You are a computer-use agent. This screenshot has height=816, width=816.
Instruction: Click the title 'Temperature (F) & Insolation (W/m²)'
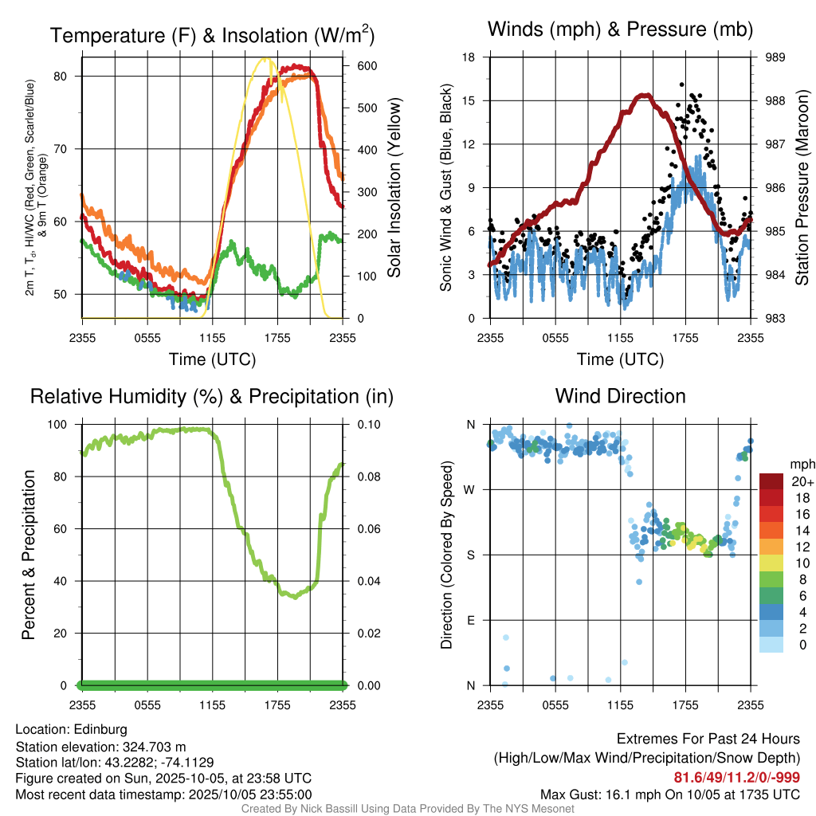click(212, 35)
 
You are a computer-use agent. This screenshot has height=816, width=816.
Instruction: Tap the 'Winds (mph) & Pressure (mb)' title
click(620, 30)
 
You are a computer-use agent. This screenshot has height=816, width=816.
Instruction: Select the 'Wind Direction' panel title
click(620, 396)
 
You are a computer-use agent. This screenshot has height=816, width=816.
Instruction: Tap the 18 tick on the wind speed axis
click(469, 57)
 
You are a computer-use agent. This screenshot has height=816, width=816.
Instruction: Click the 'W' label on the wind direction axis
click(470, 490)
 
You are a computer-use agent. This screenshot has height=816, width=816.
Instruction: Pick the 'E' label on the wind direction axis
click(471, 620)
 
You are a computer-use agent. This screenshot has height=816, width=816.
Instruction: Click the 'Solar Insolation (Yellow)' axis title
click(394, 187)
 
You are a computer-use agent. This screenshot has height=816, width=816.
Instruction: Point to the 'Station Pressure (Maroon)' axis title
click(802, 187)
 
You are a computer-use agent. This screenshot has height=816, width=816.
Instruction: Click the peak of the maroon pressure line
click(644, 96)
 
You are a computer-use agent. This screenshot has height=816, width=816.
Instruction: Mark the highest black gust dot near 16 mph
click(682, 84)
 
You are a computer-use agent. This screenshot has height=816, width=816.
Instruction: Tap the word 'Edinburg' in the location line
click(100, 729)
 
